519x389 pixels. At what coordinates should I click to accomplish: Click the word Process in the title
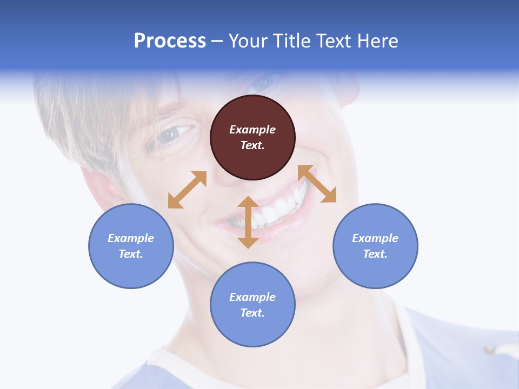pos(170,41)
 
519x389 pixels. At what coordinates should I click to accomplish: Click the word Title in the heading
pos(291,41)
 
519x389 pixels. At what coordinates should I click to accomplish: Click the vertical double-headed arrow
pos(248,222)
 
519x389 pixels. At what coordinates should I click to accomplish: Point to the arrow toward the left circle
pos(187,190)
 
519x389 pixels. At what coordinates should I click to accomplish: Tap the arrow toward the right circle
pos(317,184)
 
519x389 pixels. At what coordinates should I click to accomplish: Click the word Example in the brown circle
pos(252,130)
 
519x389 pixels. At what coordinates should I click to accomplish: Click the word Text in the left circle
pos(130,254)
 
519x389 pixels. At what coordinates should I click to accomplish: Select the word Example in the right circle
pos(375,238)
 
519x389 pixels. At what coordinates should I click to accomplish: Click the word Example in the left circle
pos(131,238)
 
